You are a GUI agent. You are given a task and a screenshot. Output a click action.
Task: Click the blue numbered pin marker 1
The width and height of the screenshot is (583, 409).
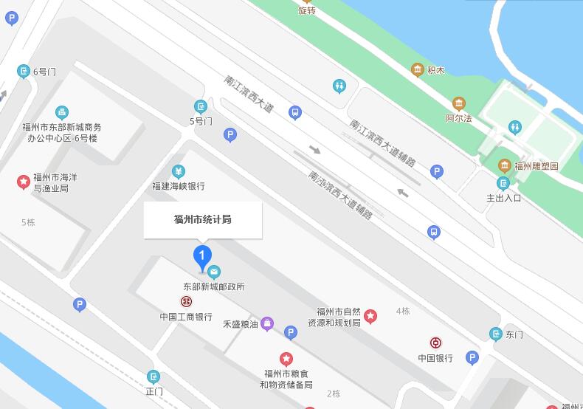202,258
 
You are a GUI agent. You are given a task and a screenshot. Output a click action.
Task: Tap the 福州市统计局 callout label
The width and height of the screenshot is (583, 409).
203,219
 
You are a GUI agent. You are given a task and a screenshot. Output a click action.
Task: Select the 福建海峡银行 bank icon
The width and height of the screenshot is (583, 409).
178,172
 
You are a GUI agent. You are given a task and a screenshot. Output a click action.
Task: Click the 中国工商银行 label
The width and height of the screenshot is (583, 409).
186,317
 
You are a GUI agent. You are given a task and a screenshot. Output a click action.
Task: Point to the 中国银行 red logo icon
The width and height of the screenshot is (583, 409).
436,343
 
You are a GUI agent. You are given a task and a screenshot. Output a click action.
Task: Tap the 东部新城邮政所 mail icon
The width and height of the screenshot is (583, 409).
214,272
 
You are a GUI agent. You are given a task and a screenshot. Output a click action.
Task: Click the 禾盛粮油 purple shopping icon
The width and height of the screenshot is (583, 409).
267,323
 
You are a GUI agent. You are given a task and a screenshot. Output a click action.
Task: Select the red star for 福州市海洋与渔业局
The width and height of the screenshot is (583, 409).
24,181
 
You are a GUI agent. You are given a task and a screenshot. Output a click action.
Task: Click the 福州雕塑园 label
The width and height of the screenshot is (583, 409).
537,166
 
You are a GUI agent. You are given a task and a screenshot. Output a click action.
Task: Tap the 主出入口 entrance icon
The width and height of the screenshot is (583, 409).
503,183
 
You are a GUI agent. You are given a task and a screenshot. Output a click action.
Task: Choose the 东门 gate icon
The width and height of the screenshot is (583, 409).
496,334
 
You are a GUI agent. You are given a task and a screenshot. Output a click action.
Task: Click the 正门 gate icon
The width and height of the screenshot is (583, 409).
153,377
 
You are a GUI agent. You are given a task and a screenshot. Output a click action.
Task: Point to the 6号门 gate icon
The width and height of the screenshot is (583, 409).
24,72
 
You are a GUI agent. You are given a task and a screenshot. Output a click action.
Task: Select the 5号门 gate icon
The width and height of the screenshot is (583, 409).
200,107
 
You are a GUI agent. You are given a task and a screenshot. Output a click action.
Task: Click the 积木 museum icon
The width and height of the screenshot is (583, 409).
417,70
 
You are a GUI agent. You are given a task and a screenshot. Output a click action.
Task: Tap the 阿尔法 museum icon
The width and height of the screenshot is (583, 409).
459,103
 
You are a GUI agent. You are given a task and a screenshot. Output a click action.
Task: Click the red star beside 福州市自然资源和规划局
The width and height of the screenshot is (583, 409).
371,317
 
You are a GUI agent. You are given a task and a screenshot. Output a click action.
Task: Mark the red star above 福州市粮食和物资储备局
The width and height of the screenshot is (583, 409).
286,359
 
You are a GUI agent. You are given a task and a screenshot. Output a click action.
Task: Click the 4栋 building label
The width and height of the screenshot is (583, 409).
402,311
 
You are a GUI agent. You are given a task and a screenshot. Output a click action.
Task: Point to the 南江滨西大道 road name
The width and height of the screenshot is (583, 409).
249,94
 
